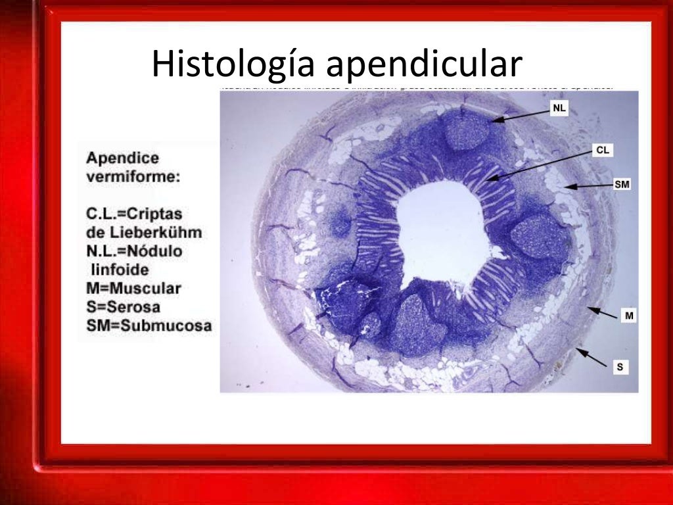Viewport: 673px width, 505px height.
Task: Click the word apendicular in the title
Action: click(x=424, y=66)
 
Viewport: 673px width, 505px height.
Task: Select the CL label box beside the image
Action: click(x=603, y=151)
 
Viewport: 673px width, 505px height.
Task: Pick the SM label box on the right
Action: click(x=622, y=185)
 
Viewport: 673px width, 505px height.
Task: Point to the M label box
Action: click(x=629, y=316)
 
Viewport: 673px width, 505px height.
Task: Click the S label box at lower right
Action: click(x=620, y=367)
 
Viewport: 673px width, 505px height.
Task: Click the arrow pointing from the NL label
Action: click(x=519, y=116)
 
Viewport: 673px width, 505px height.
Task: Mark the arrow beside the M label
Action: click(x=603, y=312)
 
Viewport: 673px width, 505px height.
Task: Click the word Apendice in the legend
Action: click(x=123, y=159)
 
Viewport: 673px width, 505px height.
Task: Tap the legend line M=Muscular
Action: click(x=133, y=288)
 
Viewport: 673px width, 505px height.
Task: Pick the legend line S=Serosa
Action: click(x=124, y=306)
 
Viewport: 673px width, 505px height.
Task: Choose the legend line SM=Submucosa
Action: click(x=149, y=325)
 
